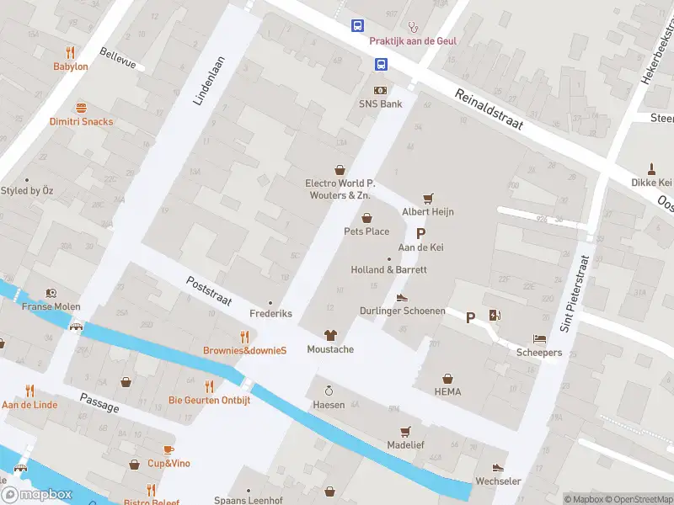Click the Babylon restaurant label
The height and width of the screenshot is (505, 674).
pyautogui.click(x=71, y=66)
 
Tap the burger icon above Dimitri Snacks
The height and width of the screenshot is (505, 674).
pyautogui.click(x=81, y=108)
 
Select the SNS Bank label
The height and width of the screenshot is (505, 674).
pyautogui.click(x=381, y=104)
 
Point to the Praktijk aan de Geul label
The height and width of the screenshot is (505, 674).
pyautogui.click(x=413, y=40)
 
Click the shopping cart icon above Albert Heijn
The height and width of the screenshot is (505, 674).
pyautogui.click(x=428, y=199)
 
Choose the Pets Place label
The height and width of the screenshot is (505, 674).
pyautogui.click(x=366, y=231)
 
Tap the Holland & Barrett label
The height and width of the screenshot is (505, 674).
pyautogui.click(x=388, y=269)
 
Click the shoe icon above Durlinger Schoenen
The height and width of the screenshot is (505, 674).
pyautogui.click(x=402, y=297)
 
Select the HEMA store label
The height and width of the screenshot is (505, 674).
pyautogui.click(x=448, y=391)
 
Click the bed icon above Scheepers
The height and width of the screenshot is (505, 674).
pyautogui.click(x=539, y=339)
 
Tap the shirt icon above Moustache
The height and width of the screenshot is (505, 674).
pyautogui.click(x=330, y=335)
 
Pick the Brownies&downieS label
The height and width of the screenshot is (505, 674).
pyautogui.click(x=245, y=350)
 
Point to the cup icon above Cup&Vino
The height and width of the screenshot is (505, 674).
pyautogui.click(x=168, y=449)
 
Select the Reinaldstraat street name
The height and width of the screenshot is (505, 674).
pyautogui.click(x=489, y=110)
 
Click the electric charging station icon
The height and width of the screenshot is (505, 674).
pyautogui.click(x=495, y=316)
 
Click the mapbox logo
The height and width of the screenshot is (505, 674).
pyautogui.click(x=38, y=494)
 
